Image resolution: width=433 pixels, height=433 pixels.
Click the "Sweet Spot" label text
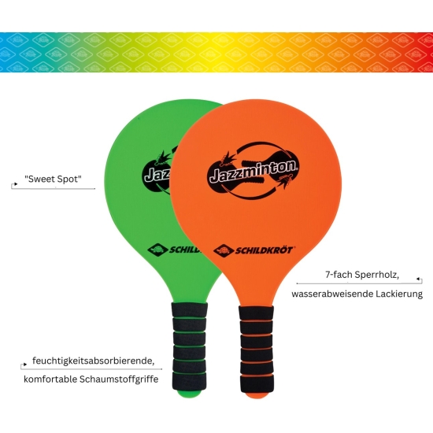(x=53, y=179)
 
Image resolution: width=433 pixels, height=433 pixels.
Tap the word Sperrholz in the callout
(x=377, y=275)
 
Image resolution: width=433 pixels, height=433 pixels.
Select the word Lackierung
(x=399, y=294)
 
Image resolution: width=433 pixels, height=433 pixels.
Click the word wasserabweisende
(x=332, y=294)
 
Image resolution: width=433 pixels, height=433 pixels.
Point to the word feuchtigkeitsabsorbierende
(x=94, y=361)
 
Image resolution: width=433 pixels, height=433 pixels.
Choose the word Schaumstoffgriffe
(x=119, y=379)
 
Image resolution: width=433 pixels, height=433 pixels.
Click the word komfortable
(x=50, y=379)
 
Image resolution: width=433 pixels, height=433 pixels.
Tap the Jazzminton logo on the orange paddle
(x=254, y=170)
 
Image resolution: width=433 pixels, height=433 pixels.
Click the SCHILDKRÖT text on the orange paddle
(x=265, y=250)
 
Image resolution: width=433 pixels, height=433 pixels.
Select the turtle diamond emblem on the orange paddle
(x=224, y=250)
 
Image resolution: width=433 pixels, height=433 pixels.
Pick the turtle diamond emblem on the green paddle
(x=157, y=250)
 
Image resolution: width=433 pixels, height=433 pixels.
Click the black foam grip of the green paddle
(x=190, y=346)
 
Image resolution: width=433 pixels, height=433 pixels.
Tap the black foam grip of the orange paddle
(x=257, y=349)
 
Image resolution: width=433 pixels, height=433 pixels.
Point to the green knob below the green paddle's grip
(x=190, y=394)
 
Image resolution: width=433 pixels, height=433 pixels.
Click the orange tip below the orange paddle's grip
(x=257, y=396)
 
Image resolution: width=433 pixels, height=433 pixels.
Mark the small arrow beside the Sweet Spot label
(x=14, y=185)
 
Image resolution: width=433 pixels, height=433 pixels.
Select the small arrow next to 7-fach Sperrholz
(x=419, y=280)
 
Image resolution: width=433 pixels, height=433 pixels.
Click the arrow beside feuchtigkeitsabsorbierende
(x=24, y=366)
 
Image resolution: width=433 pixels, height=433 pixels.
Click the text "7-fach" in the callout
(x=339, y=275)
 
